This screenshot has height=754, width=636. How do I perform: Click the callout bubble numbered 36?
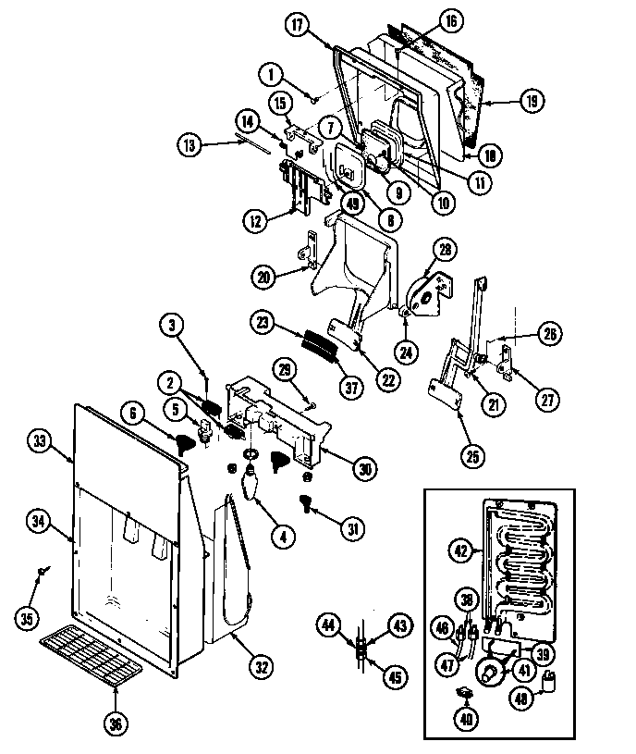tap(116, 723)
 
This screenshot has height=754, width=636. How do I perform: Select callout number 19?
tap(531, 102)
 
